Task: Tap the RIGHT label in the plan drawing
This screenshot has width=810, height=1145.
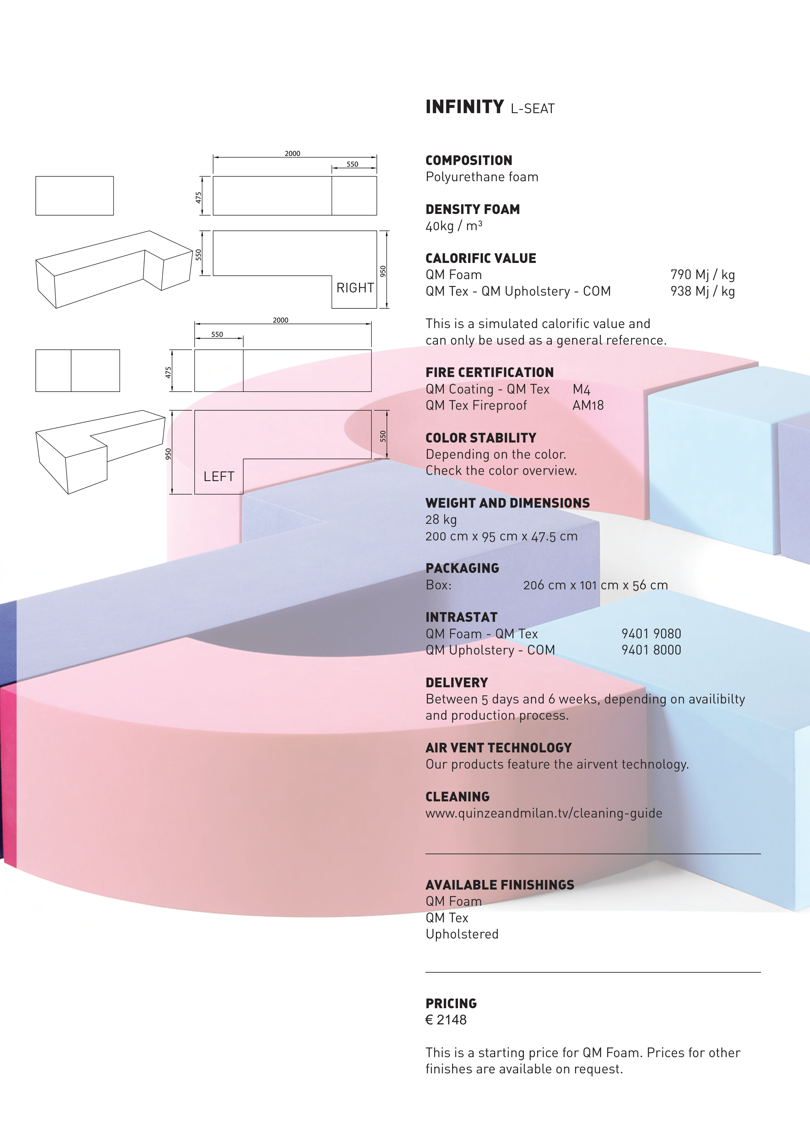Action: (355, 288)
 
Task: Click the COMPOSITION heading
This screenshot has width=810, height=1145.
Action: (469, 160)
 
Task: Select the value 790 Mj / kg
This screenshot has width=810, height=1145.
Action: (702, 275)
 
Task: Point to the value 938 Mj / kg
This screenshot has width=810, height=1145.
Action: (702, 291)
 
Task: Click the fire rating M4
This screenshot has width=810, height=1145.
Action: (581, 389)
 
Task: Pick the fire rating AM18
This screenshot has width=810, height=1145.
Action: (588, 406)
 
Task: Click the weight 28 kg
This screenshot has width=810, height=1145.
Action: (441, 520)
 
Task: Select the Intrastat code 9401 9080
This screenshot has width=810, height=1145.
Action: (651, 634)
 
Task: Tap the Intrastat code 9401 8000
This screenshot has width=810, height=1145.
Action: (651, 650)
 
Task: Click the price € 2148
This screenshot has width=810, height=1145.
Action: (446, 1020)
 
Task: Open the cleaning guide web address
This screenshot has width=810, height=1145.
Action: (543, 813)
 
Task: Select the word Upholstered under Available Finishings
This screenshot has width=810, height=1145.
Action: (462, 934)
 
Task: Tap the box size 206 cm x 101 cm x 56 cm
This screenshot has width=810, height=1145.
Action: (595, 585)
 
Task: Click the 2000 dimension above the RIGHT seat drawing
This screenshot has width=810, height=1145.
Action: (293, 154)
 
